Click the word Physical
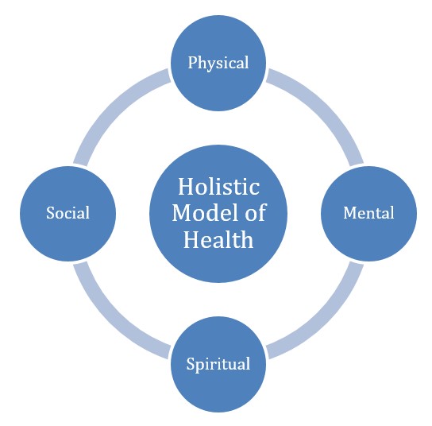click(218, 64)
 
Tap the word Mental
click(368, 213)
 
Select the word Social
click(67, 213)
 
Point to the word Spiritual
click(218, 364)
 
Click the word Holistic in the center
click(218, 187)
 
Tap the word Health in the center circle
click(218, 239)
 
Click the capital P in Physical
click(193, 62)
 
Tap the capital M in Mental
click(350, 213)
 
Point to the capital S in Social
click(50, 213)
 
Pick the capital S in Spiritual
click(191, 364)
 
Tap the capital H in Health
click(192, 239)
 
